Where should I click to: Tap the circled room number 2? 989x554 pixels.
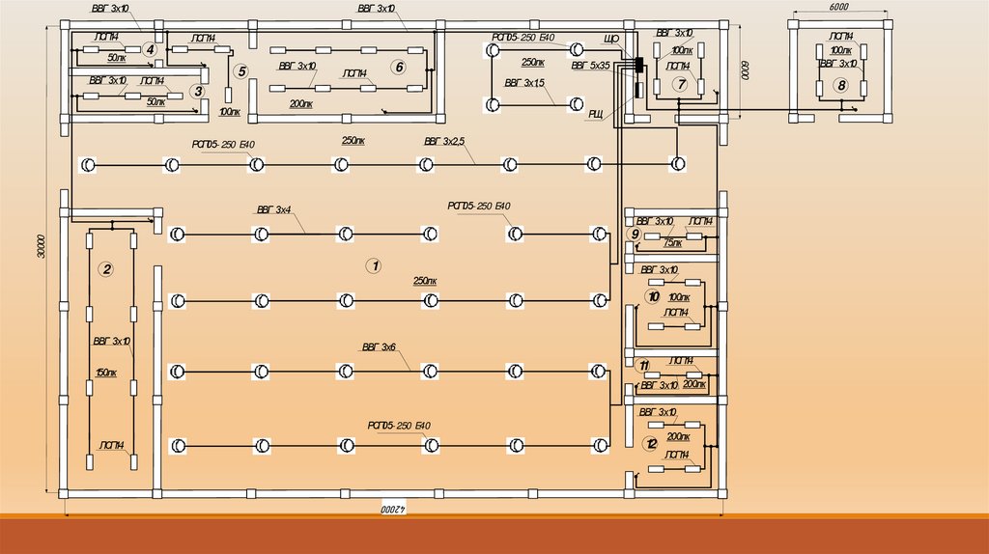click(107, 269)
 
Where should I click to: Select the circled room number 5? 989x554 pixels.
click(241, 71)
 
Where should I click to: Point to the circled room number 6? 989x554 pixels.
click(398, 67)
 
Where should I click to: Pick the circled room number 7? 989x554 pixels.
click(681, 85)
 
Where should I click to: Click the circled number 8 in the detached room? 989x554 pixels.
click(841, 86)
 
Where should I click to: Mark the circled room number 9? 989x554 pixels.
click(635, 235)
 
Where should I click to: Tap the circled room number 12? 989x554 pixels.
click(651, 443)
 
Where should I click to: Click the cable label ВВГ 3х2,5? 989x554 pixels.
click(443, 142)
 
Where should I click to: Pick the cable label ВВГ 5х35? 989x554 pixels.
click(590, 67)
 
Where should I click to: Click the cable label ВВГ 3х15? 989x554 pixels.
click(523, 83)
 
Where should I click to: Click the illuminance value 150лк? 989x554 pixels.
click(106, 373)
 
